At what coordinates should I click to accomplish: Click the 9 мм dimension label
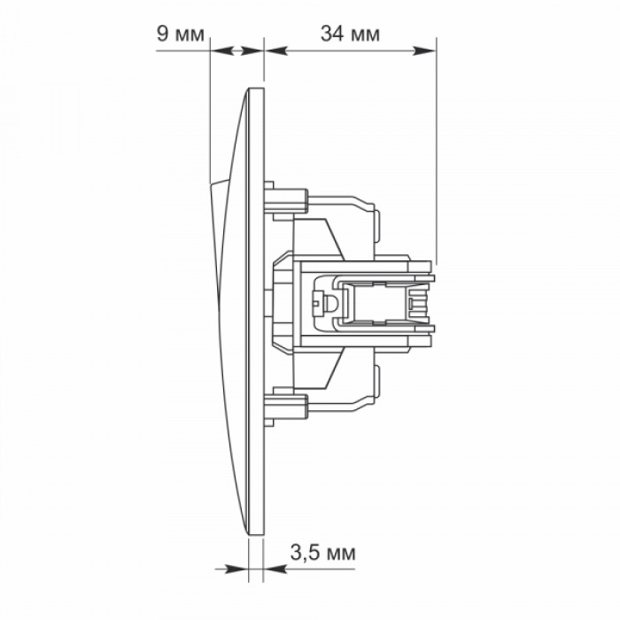tap(181, 34)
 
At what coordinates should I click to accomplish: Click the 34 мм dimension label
tap(350, 34)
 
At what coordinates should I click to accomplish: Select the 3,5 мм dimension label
tap(323, 553)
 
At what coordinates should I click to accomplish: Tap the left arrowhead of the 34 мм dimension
tap(276, 50)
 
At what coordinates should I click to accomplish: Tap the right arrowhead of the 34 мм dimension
tap(424, 50)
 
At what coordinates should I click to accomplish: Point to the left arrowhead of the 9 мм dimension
tap(221, 50)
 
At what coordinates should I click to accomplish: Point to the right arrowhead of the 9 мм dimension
tap(252, 50)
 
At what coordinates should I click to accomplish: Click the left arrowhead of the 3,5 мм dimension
tap(236, 570)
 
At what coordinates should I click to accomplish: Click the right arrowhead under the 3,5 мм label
tap(275, 570)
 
